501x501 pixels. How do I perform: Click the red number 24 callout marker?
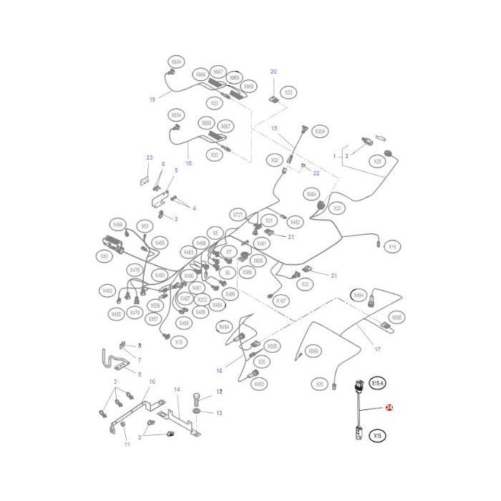pyautogui.click(x=389, y=407)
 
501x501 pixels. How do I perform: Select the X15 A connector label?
pyautogui.click(x=378, y=384)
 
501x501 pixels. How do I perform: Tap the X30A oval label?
pyautogui.click(x=320, y=132)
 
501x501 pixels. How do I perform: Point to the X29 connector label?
pyautogui.click(x=377, y=161)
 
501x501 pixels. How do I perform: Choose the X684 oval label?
pyautogui.click(x=311, y=194)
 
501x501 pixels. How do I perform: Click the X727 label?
pyautogui.click(x=238, y=214)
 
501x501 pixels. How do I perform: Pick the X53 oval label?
pyautogui.click(x=104, y=256)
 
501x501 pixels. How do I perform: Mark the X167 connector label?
pyautogui.click(x=281, y=301)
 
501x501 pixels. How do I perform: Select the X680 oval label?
pyautogui.click(x=397, y=316)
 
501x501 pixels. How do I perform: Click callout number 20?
pyautogui.click(x=273, y=72)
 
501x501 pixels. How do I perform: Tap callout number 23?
pyautogui.click(x=150, y=157)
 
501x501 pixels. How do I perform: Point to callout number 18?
pyautogui.click(x=189, y=163)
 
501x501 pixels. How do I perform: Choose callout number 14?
pyautogui.click(x=177, y=389)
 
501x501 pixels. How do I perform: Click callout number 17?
pyautogui.click(x=377, y=349)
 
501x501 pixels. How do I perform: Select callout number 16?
pyautogui.click(x=220, y=370)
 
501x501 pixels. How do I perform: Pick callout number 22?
pyautogui.click(x=316, y=172)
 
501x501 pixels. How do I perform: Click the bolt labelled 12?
pyautogui.click(x=198, y=398)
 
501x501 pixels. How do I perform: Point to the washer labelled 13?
pyautogui.click(x=197, y=413)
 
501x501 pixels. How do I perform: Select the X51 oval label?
pyautogui.click(x=145, y=225)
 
